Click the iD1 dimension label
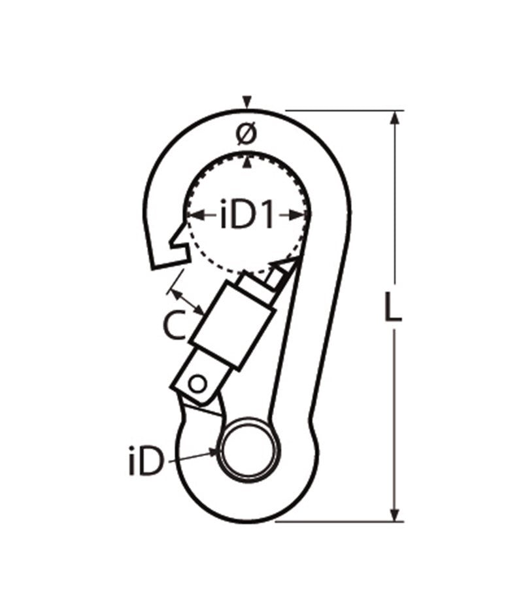pos(246,216)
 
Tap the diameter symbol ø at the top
pos(246,135)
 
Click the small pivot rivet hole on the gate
pos(197,383)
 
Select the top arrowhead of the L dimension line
pos(394,118)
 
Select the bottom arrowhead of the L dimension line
pos(394,515)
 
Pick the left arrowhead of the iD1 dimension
pos(190,214)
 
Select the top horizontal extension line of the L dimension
pos(340,110)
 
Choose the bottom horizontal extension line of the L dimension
pos(340,522)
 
